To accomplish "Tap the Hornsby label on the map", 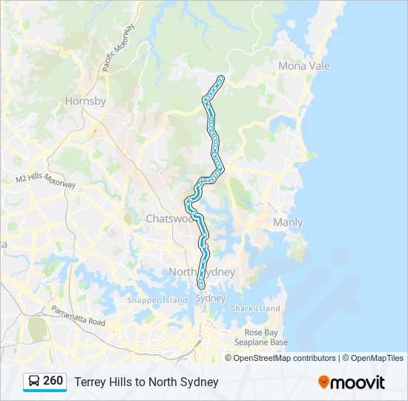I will tap(85, 101).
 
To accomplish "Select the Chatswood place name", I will tap(171, 219).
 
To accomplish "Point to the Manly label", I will tap(288, 222).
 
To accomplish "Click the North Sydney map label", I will tap(202, 273).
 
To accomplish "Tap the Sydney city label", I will tap(210, 298).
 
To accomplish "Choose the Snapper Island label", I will tap(157, 300).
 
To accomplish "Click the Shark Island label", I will tap(256, 308).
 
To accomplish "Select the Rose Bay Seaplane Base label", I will tap(266, 337).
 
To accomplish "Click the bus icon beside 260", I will tap(33, 382).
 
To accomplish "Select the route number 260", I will tap(53, 381).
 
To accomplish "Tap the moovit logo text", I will tap(358, 382).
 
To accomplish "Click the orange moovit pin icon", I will tap(323, 382).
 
